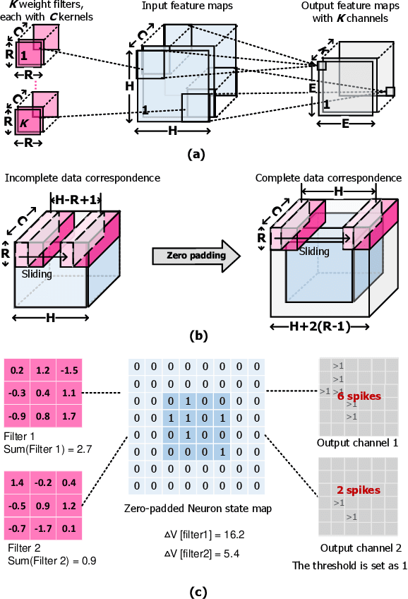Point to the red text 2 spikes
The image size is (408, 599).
(x=359, y=490)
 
